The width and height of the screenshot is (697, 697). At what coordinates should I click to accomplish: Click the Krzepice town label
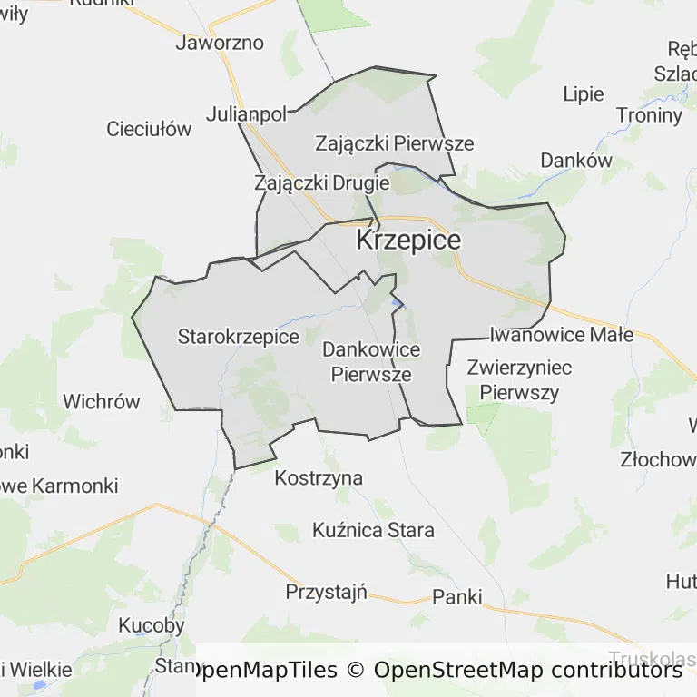(408, 241)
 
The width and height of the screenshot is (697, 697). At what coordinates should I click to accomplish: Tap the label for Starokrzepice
(238, 337)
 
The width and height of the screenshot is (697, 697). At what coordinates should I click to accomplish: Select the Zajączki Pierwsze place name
(394, 143)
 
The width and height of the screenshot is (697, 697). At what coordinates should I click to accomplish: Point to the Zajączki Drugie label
(322, 182)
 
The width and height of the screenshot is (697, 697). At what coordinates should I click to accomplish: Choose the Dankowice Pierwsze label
(371, 361)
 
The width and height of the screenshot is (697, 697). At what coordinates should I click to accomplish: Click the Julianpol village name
(246, 114)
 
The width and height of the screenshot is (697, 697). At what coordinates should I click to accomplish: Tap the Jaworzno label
(220, 43)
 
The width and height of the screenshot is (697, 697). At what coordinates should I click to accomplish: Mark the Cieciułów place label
(149, 129)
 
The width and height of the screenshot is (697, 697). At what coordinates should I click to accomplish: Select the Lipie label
(583, 93)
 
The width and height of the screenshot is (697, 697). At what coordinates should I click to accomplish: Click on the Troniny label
(649, 115)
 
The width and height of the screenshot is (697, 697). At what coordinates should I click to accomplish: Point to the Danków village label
(576, 160)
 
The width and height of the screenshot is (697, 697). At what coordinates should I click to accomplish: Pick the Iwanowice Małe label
(561, 334)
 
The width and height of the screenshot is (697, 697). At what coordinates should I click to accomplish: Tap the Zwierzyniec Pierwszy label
(519, 379)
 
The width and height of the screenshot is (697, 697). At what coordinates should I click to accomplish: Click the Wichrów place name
(102, 401)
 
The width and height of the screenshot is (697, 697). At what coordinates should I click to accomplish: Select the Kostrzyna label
(319, 477)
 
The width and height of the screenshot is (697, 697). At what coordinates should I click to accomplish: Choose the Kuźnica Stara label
(373, 530)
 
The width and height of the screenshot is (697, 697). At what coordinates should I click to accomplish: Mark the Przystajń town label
(326, 592)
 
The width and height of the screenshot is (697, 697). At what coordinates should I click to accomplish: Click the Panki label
(456, 596)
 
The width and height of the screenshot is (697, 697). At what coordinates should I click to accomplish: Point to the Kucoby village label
(152, 625)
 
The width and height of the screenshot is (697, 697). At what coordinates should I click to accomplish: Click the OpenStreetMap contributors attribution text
(527, 671)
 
